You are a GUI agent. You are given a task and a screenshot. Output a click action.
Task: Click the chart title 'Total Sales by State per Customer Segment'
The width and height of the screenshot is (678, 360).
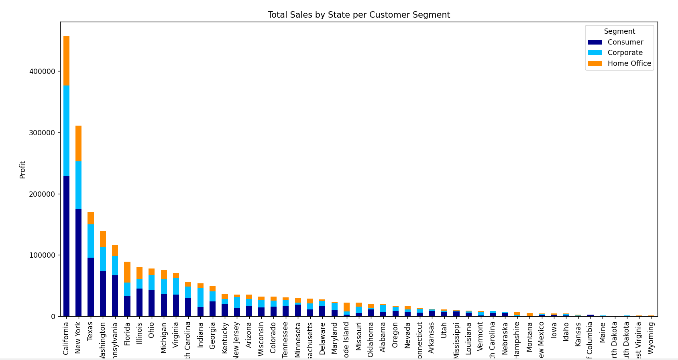pos(358,15)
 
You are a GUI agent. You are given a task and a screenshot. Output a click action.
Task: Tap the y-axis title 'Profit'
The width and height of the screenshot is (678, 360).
pos(22,170)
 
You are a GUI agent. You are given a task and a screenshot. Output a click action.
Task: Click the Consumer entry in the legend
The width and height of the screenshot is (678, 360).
pos(625,42)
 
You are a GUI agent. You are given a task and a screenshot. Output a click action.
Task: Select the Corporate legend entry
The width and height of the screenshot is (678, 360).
pos(625,53)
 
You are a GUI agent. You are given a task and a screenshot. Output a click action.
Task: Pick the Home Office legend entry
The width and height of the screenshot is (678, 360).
pos(629,63)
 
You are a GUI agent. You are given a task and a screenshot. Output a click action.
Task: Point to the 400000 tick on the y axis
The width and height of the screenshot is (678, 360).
pos(42,71)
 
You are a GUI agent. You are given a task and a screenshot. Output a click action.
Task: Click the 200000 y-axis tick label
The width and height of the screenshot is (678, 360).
pos(42,194)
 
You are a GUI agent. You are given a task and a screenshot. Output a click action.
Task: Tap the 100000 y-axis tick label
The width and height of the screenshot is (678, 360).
pos(42,255)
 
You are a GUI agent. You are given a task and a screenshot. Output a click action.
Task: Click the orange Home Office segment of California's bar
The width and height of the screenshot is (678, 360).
pos(66,60)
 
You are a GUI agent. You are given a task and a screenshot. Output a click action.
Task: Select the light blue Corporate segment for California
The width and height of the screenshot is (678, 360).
pos(66,130)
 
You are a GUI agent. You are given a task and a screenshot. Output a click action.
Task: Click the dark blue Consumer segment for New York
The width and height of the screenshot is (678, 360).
pos(78,262)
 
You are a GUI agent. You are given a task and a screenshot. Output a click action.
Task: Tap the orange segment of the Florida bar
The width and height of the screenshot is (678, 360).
pos(127,272)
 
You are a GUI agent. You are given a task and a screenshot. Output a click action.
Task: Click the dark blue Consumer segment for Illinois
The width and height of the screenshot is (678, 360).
pos(139,302)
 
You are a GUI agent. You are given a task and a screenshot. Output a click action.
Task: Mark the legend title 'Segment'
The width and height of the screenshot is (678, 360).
pos(619,31)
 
